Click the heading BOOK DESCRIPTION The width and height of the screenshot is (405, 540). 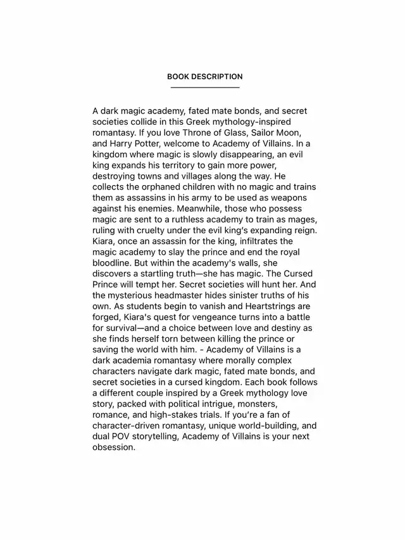(204, 77)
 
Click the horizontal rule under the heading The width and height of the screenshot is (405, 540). (204, 87)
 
